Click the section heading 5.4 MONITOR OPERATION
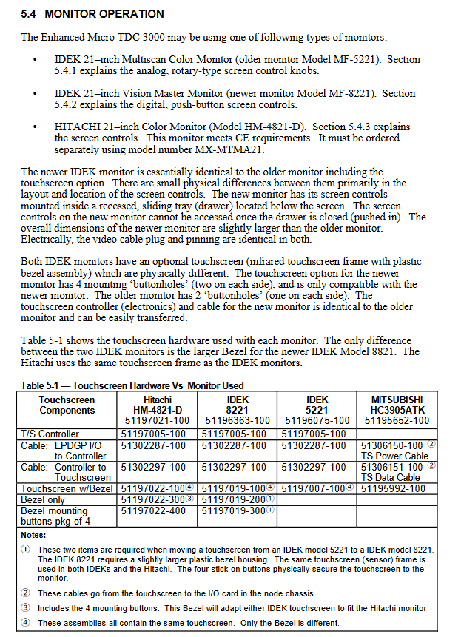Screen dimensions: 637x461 click(x=92, y=14)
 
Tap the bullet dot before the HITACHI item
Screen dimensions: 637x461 click(x=35, y=128)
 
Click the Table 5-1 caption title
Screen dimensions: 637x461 click(x=132, y=385)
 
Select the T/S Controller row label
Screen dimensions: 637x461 click(x=50, y=434)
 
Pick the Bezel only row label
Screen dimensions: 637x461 click(x=44, y=499)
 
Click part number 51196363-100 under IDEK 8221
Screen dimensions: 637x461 click(x=235, y=420)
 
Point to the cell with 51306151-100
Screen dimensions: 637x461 click(x=394, y=467)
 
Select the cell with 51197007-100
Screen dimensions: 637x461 click(x=314, y=488)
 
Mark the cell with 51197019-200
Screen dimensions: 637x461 click(x=234, y=499)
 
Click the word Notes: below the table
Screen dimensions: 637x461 click(x=34, y=534)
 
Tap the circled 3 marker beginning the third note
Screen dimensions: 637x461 click(x=26, y=608)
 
